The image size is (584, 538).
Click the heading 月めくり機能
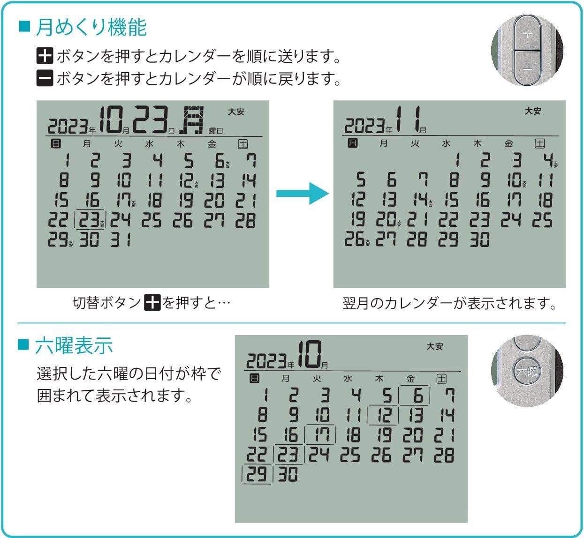pos(91,28)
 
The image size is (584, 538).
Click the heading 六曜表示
pos(74,345)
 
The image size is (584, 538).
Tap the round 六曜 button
pos(527,371)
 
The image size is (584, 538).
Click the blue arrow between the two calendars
pos(301,194)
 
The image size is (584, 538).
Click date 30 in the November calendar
pos(480,239)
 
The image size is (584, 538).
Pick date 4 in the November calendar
pos(546,161)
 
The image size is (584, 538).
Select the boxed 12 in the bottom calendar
pos(384,416)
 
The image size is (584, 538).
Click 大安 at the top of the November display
pos(533,111)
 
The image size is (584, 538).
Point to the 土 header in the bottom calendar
pos(441,378)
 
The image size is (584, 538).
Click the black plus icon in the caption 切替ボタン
pos(152,303)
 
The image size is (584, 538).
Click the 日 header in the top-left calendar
pos(56,144)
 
